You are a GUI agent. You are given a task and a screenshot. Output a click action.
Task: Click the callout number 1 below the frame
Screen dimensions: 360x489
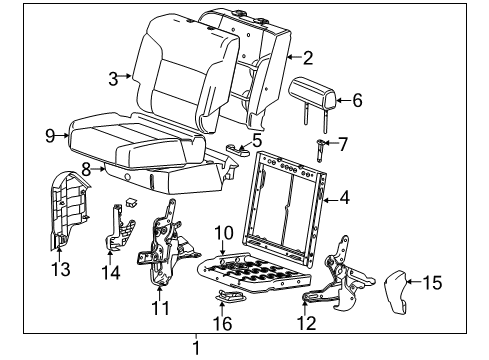pyautogui.click(x=197, y=349)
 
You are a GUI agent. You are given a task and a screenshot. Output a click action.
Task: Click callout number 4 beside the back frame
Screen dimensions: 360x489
pyautogui.click(x=344, y=198)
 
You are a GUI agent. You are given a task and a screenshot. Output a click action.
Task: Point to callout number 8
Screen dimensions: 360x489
pyautogui.click(x=86, y=170)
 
